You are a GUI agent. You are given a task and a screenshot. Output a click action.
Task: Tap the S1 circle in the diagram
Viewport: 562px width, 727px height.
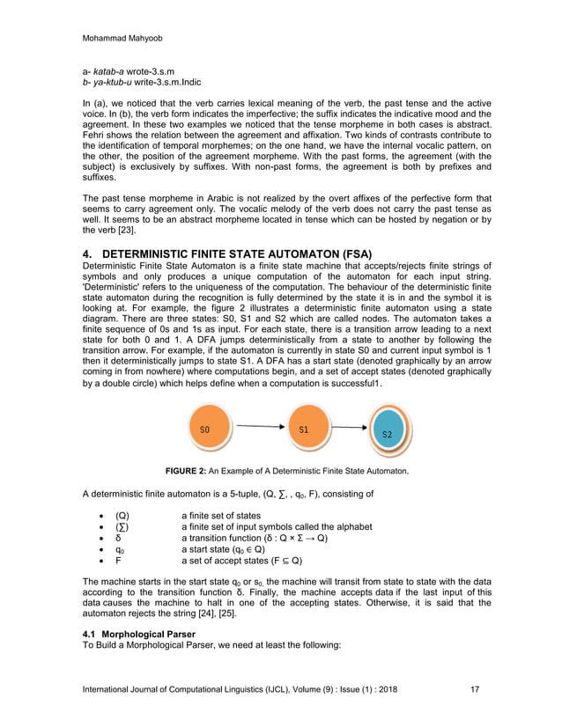pos(303,430)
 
